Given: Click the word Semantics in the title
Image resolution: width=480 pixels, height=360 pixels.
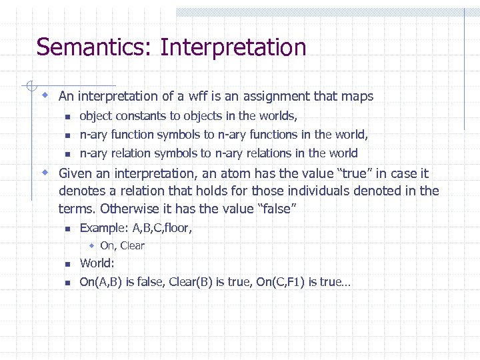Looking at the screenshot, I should coord(95,48).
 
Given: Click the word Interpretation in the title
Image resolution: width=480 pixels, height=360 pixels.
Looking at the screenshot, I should coord(233,48).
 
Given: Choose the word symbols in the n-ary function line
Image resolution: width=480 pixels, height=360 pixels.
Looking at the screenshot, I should coord(177,135).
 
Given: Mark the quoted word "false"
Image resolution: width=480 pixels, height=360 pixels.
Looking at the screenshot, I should coord(275,209).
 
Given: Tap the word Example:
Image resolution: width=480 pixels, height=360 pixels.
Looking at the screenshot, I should coord(104,228).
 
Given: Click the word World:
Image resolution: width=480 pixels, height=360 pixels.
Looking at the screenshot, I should coord(97,263).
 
